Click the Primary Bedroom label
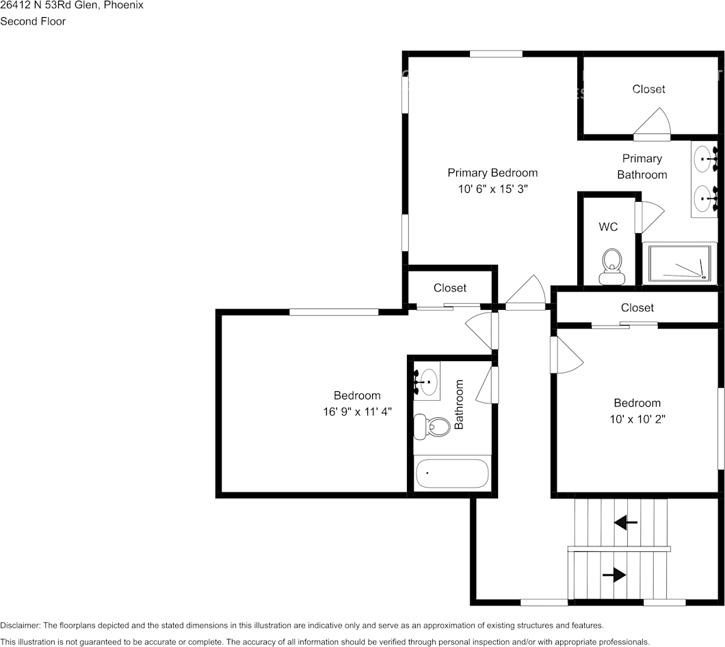pyautogui.click(x=492, y=173)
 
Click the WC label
pyautogui.click(x=608, y=227)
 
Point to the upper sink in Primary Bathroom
pyautogui.click(x=703, y=159)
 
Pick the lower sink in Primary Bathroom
pyautogui.click(x=703, y=199)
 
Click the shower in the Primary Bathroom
pyautogui.click(x=680, y=263)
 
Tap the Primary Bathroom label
pyautogui.click(x=642, y=166)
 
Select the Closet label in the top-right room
pyautogui.click(x=648, y=90)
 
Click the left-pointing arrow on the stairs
pyautogui.click(x=625, y=523)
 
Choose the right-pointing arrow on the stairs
pyautogui.click(x=614, y=575)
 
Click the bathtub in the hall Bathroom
pyautogui.click(x=452, y=473)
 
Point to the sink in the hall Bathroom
pyautogui.click(x=427, y=380)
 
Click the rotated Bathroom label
pyautogui.click(x=459, y=404)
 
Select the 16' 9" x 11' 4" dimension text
pyautogui.click(x=357, y=412)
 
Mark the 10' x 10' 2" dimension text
pyautogui.click(x=637, y=419)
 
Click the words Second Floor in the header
pyautogui.click(x=33, y=21)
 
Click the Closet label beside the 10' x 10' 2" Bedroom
pyautogui.click(x=637, y=308)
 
